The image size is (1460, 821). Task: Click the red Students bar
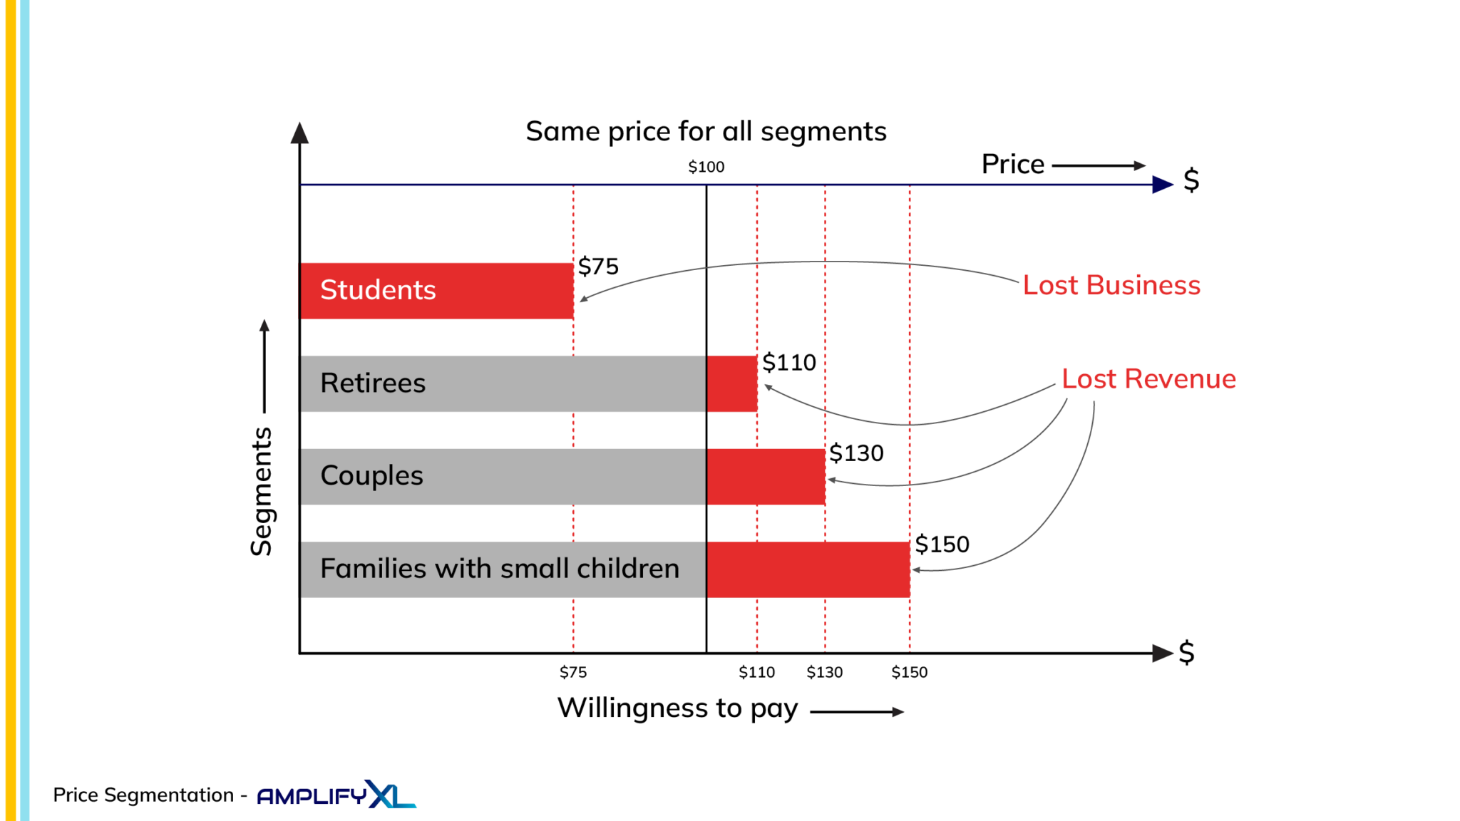[436, 291]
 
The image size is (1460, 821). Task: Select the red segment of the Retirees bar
[731, 383]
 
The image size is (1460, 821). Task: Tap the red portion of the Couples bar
[766, 477]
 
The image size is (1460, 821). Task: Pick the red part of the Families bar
[808, 569]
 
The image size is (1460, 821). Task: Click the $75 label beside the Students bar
[598, 267]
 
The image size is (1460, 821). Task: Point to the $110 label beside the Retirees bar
[788, 363]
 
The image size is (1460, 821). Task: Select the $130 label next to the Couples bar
[856, 453]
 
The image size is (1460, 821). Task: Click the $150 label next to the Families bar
[942, 544]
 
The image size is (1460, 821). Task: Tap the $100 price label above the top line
[706, 167]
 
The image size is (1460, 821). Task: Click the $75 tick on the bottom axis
[573, 672]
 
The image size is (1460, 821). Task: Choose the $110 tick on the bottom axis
[756, 672]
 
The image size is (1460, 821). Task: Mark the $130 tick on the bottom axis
[825, 672]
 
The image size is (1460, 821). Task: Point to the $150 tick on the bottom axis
[910, 672]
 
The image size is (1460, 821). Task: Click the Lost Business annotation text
[1111, 285]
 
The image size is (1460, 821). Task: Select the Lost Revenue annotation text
[1148, 379]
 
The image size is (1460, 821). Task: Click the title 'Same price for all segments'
[706, 132]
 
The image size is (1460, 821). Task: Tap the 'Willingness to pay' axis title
[677, 708]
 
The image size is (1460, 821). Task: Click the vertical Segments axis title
[262, 492]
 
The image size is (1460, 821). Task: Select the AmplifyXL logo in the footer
[336, 795]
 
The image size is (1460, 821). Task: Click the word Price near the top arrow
[1012, 165]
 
